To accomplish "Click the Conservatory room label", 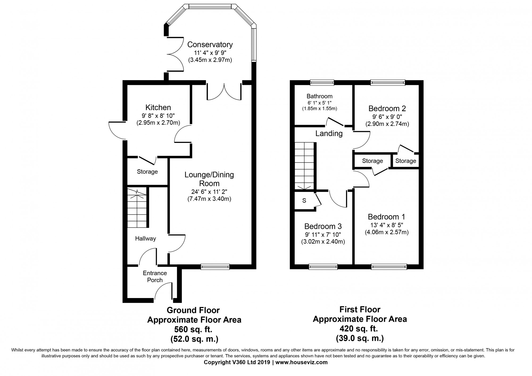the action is pyautogui.click(x=210, y=44).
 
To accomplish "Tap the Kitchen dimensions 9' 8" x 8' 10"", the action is pyautogui.click(x=158, y=116).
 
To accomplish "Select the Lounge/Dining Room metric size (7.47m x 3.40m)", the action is pyautogui.click(x=209, y=199).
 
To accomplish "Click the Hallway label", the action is pyautogui.click(x=145, y=238).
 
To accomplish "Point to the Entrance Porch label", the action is pyautogui.click(x=155, y=276).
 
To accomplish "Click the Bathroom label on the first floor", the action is pyautogui.click(x=319, y=96).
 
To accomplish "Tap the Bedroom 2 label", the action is pyautogui.click(x=387, y=109).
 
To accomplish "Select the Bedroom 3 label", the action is pyautogui.click(x=323, y=226).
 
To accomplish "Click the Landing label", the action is pyautogui.click(x=329, y=133).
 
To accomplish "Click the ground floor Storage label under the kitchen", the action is pyautogui.click(x=147, y=172).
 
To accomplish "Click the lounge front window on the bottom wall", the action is pyautogui.click(x=215, y=266).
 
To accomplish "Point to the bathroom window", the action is pyautogui.click(x=322, y=83).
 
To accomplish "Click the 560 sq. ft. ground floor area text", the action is pyautogui.click(x=193, y=329).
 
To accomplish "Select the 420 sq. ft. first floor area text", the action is pyautogui.click(x=360, y=329).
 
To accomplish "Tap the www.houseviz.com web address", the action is pyautogui.click(x=302, y=362).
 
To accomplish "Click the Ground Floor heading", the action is pyautogui.click(x=193, y=310).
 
